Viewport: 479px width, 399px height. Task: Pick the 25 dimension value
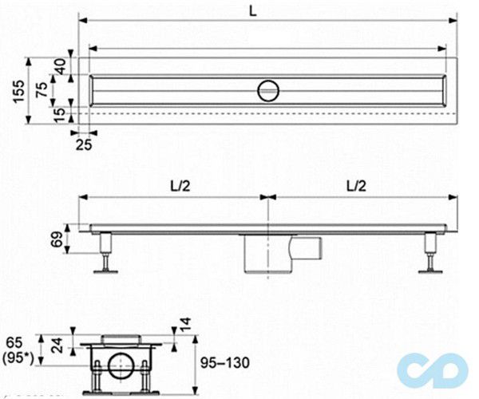(x=84, y=143)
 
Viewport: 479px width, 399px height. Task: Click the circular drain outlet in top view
(x=269, y=90)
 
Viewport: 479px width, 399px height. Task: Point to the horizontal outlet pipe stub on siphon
(x=308, y=247)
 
